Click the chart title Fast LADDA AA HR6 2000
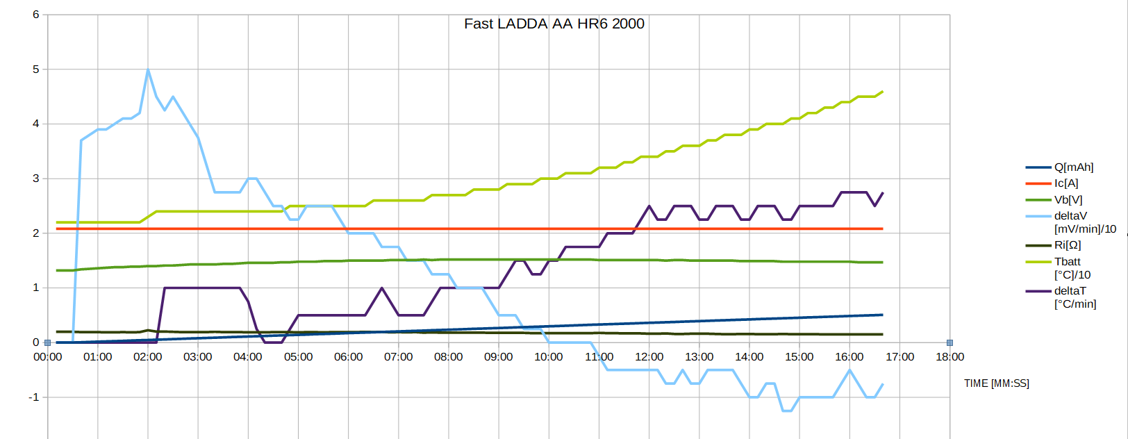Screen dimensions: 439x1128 [x=554, y=24]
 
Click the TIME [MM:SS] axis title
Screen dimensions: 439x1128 [x=996, y=383]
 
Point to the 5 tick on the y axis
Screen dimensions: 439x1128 [x=35, y=69]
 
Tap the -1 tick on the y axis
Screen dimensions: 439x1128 [x=33, y=397]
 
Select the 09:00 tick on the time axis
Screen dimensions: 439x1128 [x=498, y=357]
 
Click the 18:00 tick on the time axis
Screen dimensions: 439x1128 [x=949, y=357]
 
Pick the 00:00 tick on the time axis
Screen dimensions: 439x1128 [x=47, y=357]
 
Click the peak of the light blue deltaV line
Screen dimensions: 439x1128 [x=148, y=69]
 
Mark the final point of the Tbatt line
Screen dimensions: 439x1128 [x=882, y=92]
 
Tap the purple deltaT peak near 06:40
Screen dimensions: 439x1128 [x=381, y=288]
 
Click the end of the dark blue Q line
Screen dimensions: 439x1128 [x=882, y=315]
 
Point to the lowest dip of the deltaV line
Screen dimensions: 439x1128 [x=787, y=411]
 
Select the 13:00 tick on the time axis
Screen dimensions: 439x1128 [x=699, y=357]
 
